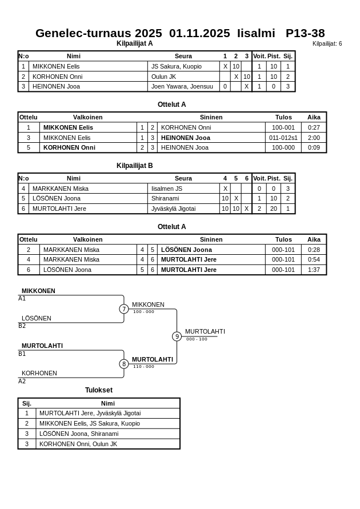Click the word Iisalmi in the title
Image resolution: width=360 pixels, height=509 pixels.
(256, 33)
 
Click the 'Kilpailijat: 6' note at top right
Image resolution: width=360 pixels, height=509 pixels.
(327, 44)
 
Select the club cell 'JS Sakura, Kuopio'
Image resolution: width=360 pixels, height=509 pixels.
(176, 66)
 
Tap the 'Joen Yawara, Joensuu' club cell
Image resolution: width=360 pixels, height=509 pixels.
(182, 87)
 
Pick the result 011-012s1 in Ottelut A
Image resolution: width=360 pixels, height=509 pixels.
(283, 138)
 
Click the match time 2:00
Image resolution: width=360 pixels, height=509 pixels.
(314, 138)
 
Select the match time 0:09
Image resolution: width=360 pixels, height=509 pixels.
(314, 147)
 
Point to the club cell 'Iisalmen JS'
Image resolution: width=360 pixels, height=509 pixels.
(166, 189)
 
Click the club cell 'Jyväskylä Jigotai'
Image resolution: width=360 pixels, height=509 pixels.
(173, 209)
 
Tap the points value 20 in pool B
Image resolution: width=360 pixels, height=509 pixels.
(274, 209)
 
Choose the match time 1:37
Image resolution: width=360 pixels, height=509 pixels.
(314, 270)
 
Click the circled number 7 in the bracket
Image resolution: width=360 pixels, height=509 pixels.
(124, 309)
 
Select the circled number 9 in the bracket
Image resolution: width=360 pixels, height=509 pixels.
(177, 336)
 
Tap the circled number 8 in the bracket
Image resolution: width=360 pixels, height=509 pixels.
(124, 364)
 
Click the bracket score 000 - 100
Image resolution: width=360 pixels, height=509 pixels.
(197, 339)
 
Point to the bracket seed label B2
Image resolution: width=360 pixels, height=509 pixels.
(22, 326)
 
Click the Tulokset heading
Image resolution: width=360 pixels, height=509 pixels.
(99, 390)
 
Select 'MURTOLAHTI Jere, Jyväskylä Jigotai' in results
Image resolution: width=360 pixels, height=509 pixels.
(90, 413)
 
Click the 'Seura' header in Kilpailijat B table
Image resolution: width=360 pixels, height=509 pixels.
(183, 178)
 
